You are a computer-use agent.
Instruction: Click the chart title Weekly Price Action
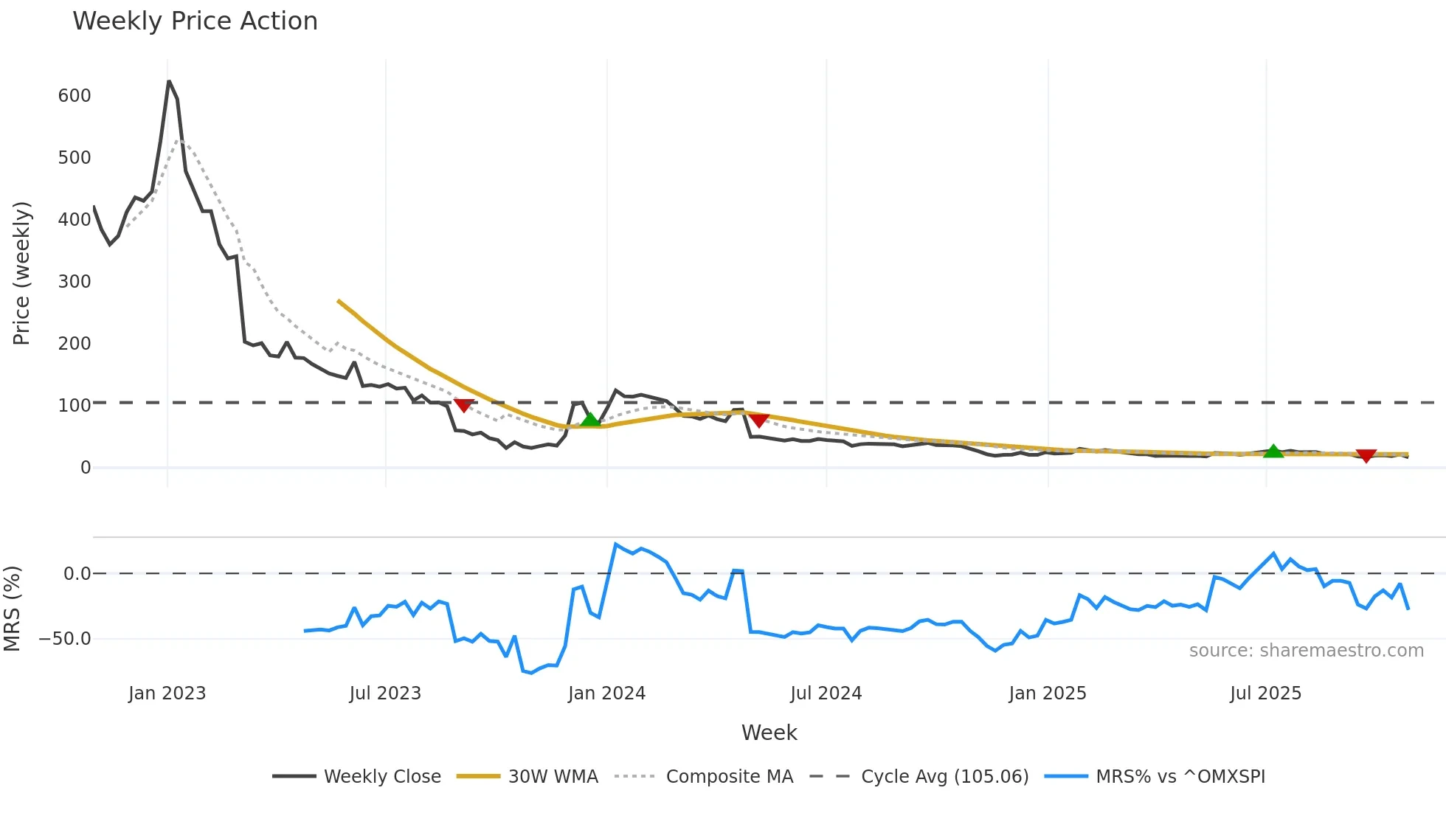click(x=195, y=21)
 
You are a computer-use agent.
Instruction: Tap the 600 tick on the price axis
click(x=75, y=96)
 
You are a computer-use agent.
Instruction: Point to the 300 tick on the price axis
click(x=75, y=282)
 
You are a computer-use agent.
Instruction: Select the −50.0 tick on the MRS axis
click(x=65, y=639)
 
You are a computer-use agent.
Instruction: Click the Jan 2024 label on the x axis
click(x=606, y=693)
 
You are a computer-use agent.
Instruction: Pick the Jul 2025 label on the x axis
click(x=1265, y=693)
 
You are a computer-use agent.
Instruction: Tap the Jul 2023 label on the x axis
click(x=385, y=693)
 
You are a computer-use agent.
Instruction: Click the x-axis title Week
click(x=769, y=733)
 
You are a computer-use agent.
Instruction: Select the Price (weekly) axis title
click(x=21, y=273)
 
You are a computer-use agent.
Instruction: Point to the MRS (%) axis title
click(x=12, y=609)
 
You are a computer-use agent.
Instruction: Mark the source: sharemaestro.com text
click(x=1306, y=651)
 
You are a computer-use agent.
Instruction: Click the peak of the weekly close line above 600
click(x=169, y=82)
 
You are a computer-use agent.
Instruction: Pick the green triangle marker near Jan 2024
click(x=590, y=420)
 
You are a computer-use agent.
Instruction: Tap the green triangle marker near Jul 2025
click(x=1273, y=452)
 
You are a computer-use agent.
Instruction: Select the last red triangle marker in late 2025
click(x=1366, y=456)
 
